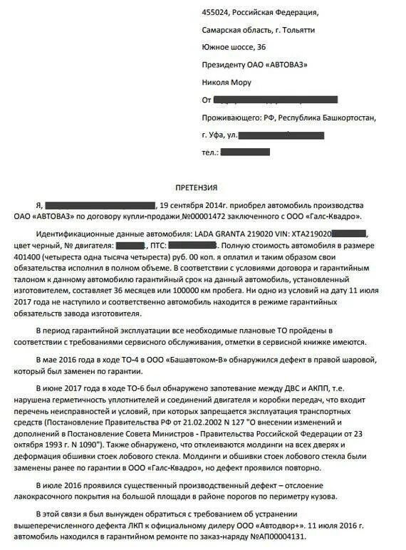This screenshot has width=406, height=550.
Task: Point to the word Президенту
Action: [x=223, y=65]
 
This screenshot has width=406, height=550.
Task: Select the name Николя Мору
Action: [x=227, y=82]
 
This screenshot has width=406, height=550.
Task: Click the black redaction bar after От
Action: [x=285, y=100]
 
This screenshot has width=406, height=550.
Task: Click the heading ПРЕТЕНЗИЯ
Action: [x=197, y=188]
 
